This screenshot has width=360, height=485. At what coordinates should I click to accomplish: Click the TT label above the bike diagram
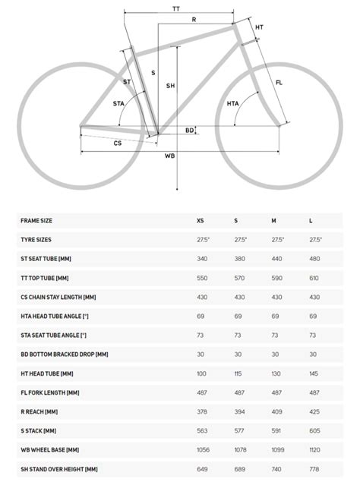(x=175, y=8)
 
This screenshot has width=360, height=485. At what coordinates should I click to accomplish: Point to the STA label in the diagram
(x=118, y=103)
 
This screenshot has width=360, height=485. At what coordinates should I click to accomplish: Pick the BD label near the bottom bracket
(x=189, y=131)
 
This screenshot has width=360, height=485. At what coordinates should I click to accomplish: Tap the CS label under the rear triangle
(x=118, y=143)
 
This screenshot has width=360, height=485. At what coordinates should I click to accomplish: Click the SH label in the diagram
(x=170, y=86)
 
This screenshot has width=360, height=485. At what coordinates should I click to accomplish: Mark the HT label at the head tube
(x=259, y=27)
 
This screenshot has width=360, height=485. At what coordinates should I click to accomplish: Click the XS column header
(x=201, y=220)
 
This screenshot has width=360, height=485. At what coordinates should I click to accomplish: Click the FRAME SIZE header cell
(x=36, y=220)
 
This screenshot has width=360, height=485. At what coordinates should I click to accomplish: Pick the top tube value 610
(x=314, y=277)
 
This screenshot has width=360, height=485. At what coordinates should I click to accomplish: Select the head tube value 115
(x=239, y=373)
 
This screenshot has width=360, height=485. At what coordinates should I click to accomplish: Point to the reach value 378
(x=201, y=411)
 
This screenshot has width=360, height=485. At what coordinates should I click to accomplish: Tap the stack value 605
(x=314, y=430)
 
